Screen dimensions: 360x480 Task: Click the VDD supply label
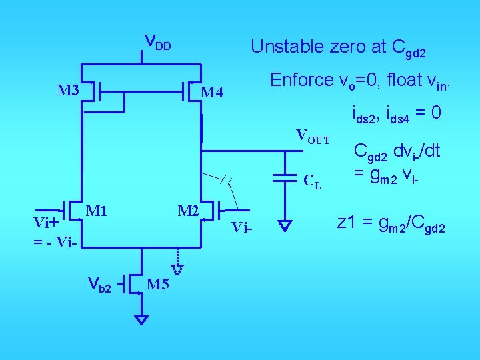tap(159, 44)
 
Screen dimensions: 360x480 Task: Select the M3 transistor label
tap(68, 90)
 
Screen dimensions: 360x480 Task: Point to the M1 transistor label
tap(97, 212)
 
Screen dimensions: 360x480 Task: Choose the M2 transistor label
tap(189, 212)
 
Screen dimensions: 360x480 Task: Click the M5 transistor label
tap(157, 285)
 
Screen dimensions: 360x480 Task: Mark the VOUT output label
tap(313, 137)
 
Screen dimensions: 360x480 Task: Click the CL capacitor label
tap(312, 181)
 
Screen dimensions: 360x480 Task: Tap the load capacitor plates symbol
tap(286, 177)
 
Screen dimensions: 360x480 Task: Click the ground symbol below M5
tap(141, 320)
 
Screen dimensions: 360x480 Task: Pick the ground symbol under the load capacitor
tap(285, 226)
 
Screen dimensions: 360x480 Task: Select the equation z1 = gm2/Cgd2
tap(391, 223)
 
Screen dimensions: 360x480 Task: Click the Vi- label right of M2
tap(243, 229)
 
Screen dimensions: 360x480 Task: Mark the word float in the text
tap(400, 80)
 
